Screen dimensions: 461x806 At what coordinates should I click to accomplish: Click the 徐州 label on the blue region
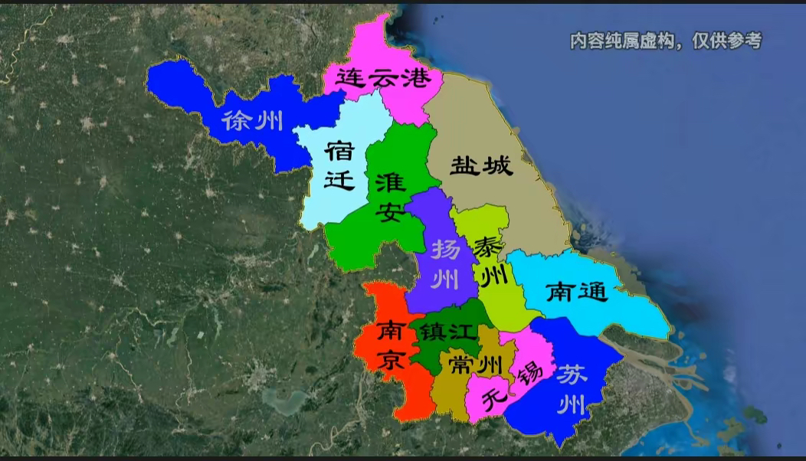coord(252,120)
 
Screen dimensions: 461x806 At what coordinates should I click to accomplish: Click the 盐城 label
coord(481,165)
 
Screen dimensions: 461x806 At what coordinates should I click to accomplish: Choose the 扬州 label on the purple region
coord(444,264)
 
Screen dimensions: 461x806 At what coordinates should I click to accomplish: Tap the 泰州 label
coord(491,260)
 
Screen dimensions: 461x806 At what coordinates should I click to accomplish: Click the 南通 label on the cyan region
coord(576,291)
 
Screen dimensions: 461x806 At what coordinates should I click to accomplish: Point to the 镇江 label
coord(444,333)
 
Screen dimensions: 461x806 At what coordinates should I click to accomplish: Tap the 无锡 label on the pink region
coord(509,385)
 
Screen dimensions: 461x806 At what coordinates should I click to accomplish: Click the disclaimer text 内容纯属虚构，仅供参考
coord(665,41)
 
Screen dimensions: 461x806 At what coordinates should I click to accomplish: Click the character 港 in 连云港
coord(417,77)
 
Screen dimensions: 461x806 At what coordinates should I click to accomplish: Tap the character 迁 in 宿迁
coord(339,180)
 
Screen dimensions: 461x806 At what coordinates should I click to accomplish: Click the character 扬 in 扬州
coord(444,250)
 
